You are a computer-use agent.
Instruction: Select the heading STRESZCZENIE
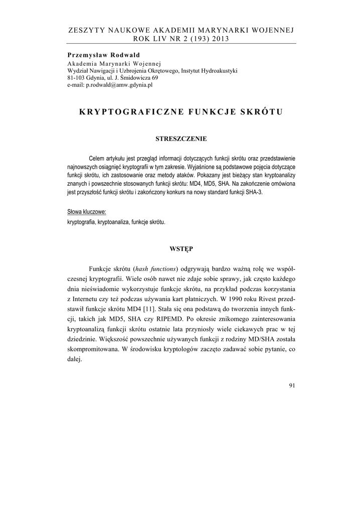[181, 138]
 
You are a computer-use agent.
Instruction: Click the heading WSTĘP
[181, 248]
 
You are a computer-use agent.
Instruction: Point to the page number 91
[292, 385]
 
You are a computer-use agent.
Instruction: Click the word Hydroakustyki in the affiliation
[221, 70]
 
